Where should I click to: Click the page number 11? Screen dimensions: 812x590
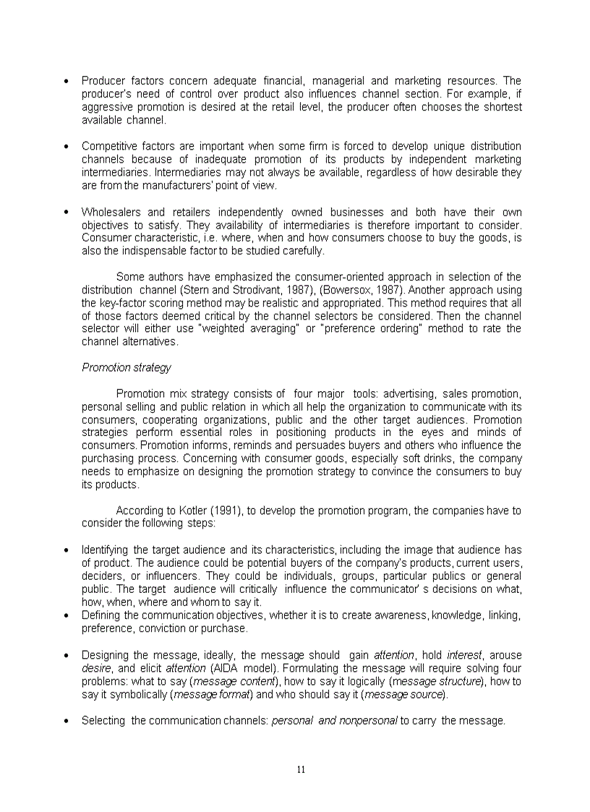point(301,769)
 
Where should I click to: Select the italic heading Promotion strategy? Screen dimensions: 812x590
point(126,367)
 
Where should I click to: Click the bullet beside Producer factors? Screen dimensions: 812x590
point(67,81)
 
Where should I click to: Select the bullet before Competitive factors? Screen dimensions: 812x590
point(67,147)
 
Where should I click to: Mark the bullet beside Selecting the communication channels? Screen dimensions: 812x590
point(67,721)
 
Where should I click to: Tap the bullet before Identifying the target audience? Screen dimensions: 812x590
point(67,550)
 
